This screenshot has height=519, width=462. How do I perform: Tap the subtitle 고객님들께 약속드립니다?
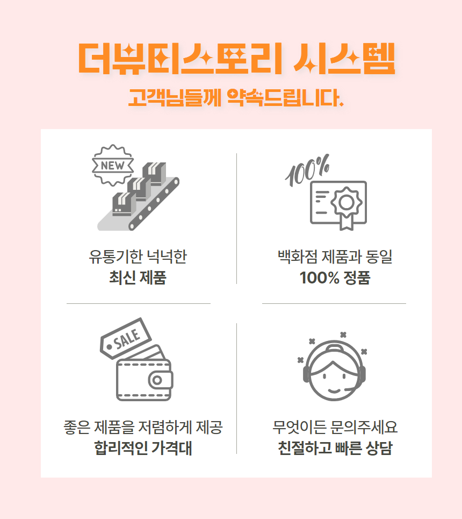236,97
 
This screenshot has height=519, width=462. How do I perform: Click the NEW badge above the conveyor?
112,166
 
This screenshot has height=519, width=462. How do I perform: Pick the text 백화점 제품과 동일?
335,257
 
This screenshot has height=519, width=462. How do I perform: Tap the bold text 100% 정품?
335,278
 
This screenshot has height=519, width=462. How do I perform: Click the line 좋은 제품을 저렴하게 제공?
143,428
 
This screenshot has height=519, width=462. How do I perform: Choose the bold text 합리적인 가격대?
143,447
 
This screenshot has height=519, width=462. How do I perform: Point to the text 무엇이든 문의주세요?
335,428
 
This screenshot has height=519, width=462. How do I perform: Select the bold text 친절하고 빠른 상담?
335,447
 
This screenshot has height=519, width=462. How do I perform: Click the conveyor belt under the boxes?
156,204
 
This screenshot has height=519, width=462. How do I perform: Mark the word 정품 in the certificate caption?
355,278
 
